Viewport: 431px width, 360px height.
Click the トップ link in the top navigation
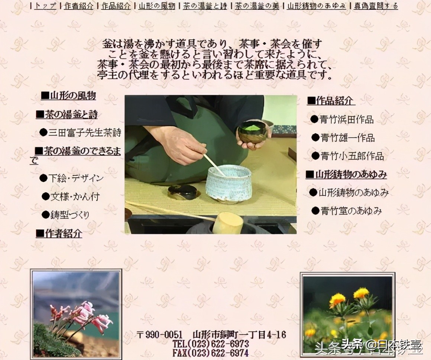tap(45, 6)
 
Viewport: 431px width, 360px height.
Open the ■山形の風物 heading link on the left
tap(68, 96)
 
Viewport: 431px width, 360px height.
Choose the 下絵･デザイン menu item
tap(76, 178)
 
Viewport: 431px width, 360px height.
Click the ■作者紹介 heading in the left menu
tap(59, 234)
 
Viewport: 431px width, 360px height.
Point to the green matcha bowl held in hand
tap(252, 132)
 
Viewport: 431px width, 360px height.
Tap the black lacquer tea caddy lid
tap(184, 192)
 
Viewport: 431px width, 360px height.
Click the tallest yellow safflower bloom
tap(361, 293)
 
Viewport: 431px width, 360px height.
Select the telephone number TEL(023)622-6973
tap(211, 343)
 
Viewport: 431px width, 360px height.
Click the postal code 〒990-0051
tap(159, 334)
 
